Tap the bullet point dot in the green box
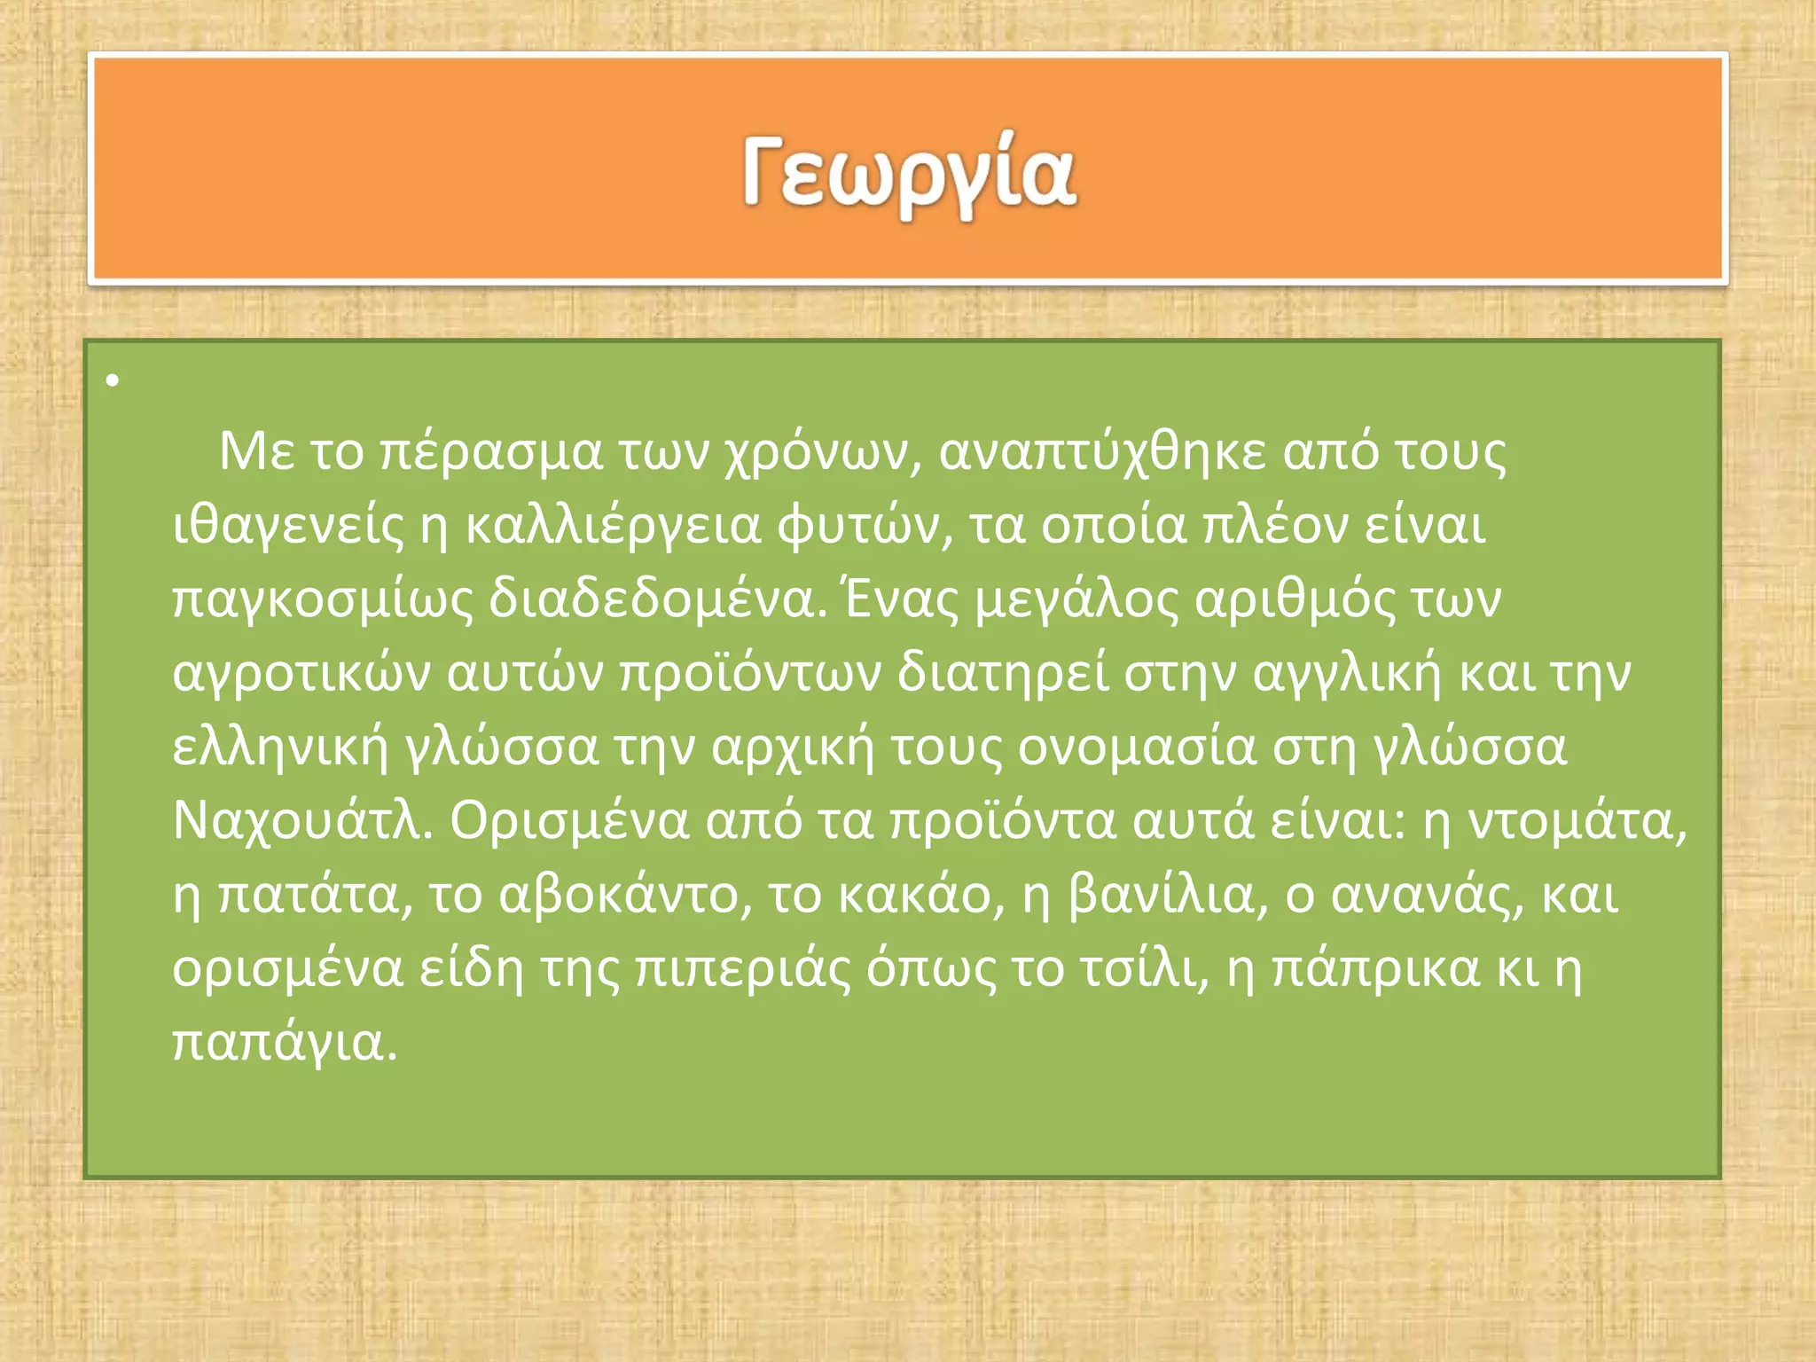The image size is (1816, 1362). (x=112, y=381)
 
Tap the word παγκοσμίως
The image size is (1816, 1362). (x=323, y=600)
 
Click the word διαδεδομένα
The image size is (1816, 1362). (x=652, y=599)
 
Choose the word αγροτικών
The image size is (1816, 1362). (x=301, y=674)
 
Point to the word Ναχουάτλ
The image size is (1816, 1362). (x=301, y=821)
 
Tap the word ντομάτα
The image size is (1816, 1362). (x=1577, y=821)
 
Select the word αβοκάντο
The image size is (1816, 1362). (x=619, y=895)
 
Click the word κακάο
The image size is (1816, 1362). (x=913, y=895)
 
